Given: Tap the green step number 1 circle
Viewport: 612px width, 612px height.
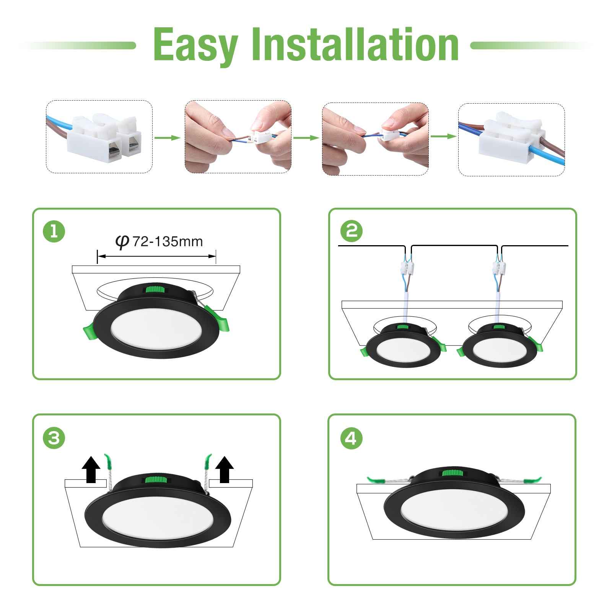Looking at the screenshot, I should (54, 232).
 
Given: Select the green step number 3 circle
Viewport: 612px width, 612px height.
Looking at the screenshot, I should (54, 438).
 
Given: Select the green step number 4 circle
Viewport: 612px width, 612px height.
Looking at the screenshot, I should (351, 438).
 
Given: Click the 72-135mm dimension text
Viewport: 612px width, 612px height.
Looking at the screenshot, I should (167, 242).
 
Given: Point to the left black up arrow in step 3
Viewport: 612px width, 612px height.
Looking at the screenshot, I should (91, 469).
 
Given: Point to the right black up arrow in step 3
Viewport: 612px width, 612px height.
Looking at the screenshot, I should (225, 469).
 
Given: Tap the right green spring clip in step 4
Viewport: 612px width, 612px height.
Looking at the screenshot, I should (532, 480).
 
